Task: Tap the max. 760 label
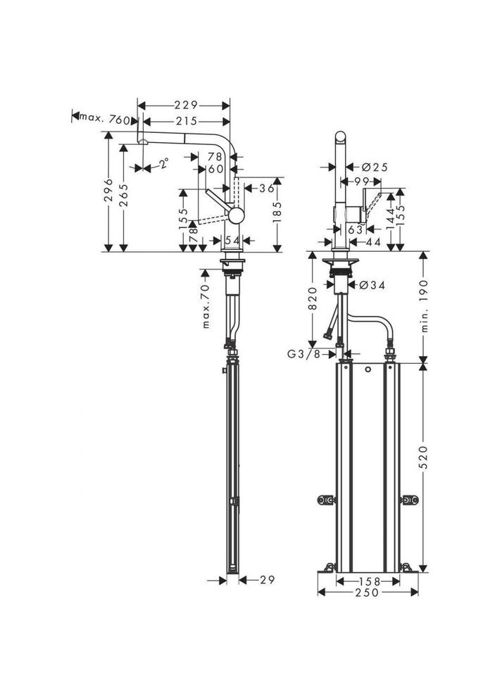tap(106, 120)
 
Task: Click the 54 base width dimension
tap(232, 241)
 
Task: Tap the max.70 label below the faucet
tap(207, 306)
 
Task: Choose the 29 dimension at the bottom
tap(266, 580)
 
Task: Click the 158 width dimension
tap(367, 581)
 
